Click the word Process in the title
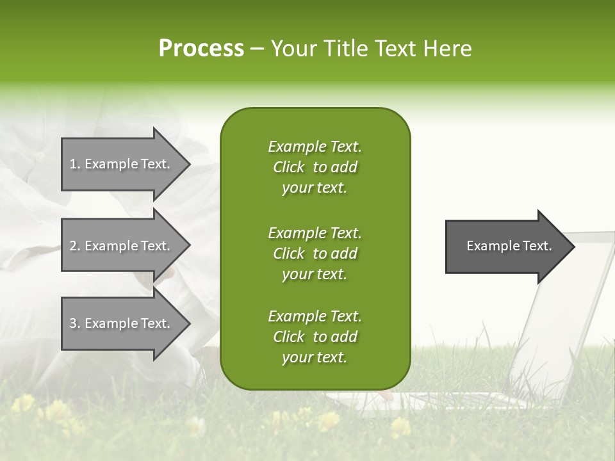[201, 49]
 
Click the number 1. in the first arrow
[75, 164]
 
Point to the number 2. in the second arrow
[75, 246]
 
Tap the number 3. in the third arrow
[75, 323]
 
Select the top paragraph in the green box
[315, 167]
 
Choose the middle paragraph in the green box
[315, 254]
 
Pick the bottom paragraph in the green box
[315, 337]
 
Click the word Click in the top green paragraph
[288, 167]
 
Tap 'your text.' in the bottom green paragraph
[315, 357]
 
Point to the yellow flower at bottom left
[24, 403]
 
